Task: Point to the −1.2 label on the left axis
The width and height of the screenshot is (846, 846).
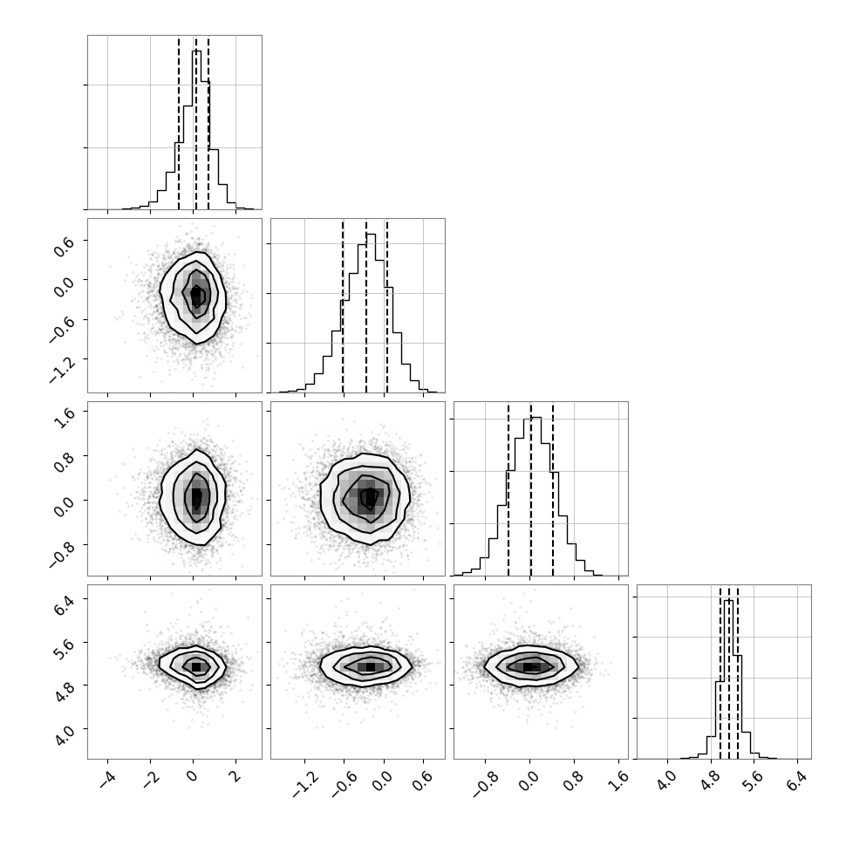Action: coord(62,370)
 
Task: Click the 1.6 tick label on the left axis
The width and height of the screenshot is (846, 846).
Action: coord(65,418)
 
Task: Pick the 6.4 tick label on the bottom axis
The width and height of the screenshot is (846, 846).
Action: coord(797,781)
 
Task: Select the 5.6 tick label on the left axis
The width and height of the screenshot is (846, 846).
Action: coord(65,649)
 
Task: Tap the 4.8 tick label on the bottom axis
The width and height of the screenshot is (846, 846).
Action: coord(711,781)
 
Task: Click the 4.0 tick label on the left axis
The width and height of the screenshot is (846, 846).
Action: coord(65,735)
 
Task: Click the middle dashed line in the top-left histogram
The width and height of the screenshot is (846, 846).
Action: coord(196,122)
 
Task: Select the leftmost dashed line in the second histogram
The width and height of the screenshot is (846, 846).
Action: coord(343,306)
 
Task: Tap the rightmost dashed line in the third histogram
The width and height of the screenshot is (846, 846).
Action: coord(553,488)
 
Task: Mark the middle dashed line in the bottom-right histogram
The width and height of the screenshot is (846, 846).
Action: coord(729,672)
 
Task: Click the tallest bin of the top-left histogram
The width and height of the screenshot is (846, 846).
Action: coord(196,130)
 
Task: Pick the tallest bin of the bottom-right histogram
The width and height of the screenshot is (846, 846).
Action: coord(728,679)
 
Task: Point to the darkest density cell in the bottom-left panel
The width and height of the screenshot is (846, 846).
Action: coord(196,667)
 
